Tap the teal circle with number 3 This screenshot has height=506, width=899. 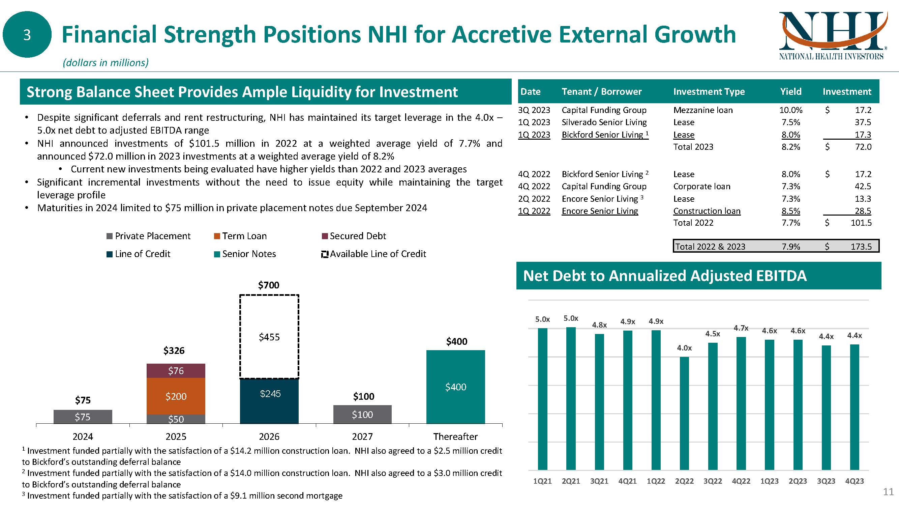pyautogui.click(x=27, y=34)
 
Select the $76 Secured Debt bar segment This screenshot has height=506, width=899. pyautogui.click(x=176, y=370)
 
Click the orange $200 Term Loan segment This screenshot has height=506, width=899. pyautogui.click(x=176, y=396)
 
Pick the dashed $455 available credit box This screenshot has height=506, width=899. pyautogui.click(x=269, y=337)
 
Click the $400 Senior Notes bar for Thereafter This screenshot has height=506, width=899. pyautogui.click(x=455, y=387)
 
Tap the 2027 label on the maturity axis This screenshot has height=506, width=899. pyautogui.click(x=362, y=437)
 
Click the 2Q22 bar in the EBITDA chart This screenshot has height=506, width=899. pyautogui.click(x=684, y=413)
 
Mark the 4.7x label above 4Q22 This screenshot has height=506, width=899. pyautogui.click(x=741, y=328)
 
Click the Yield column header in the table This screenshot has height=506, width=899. pyautogui.click(x=790, y=91)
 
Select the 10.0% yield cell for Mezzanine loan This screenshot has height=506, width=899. pyautogui.click(x=790, y=110)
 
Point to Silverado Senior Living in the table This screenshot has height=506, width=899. pyautogui.click(x=604, y=122)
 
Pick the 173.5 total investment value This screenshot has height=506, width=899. pyautogui.click(x=861, y=247)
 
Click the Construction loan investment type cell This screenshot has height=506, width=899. pyautogui.click(x=707, y=211)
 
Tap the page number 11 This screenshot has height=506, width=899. pyautogui.click(x=888, y=492)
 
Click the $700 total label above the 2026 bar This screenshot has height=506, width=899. pyautogui.click(x=268, y=285)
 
